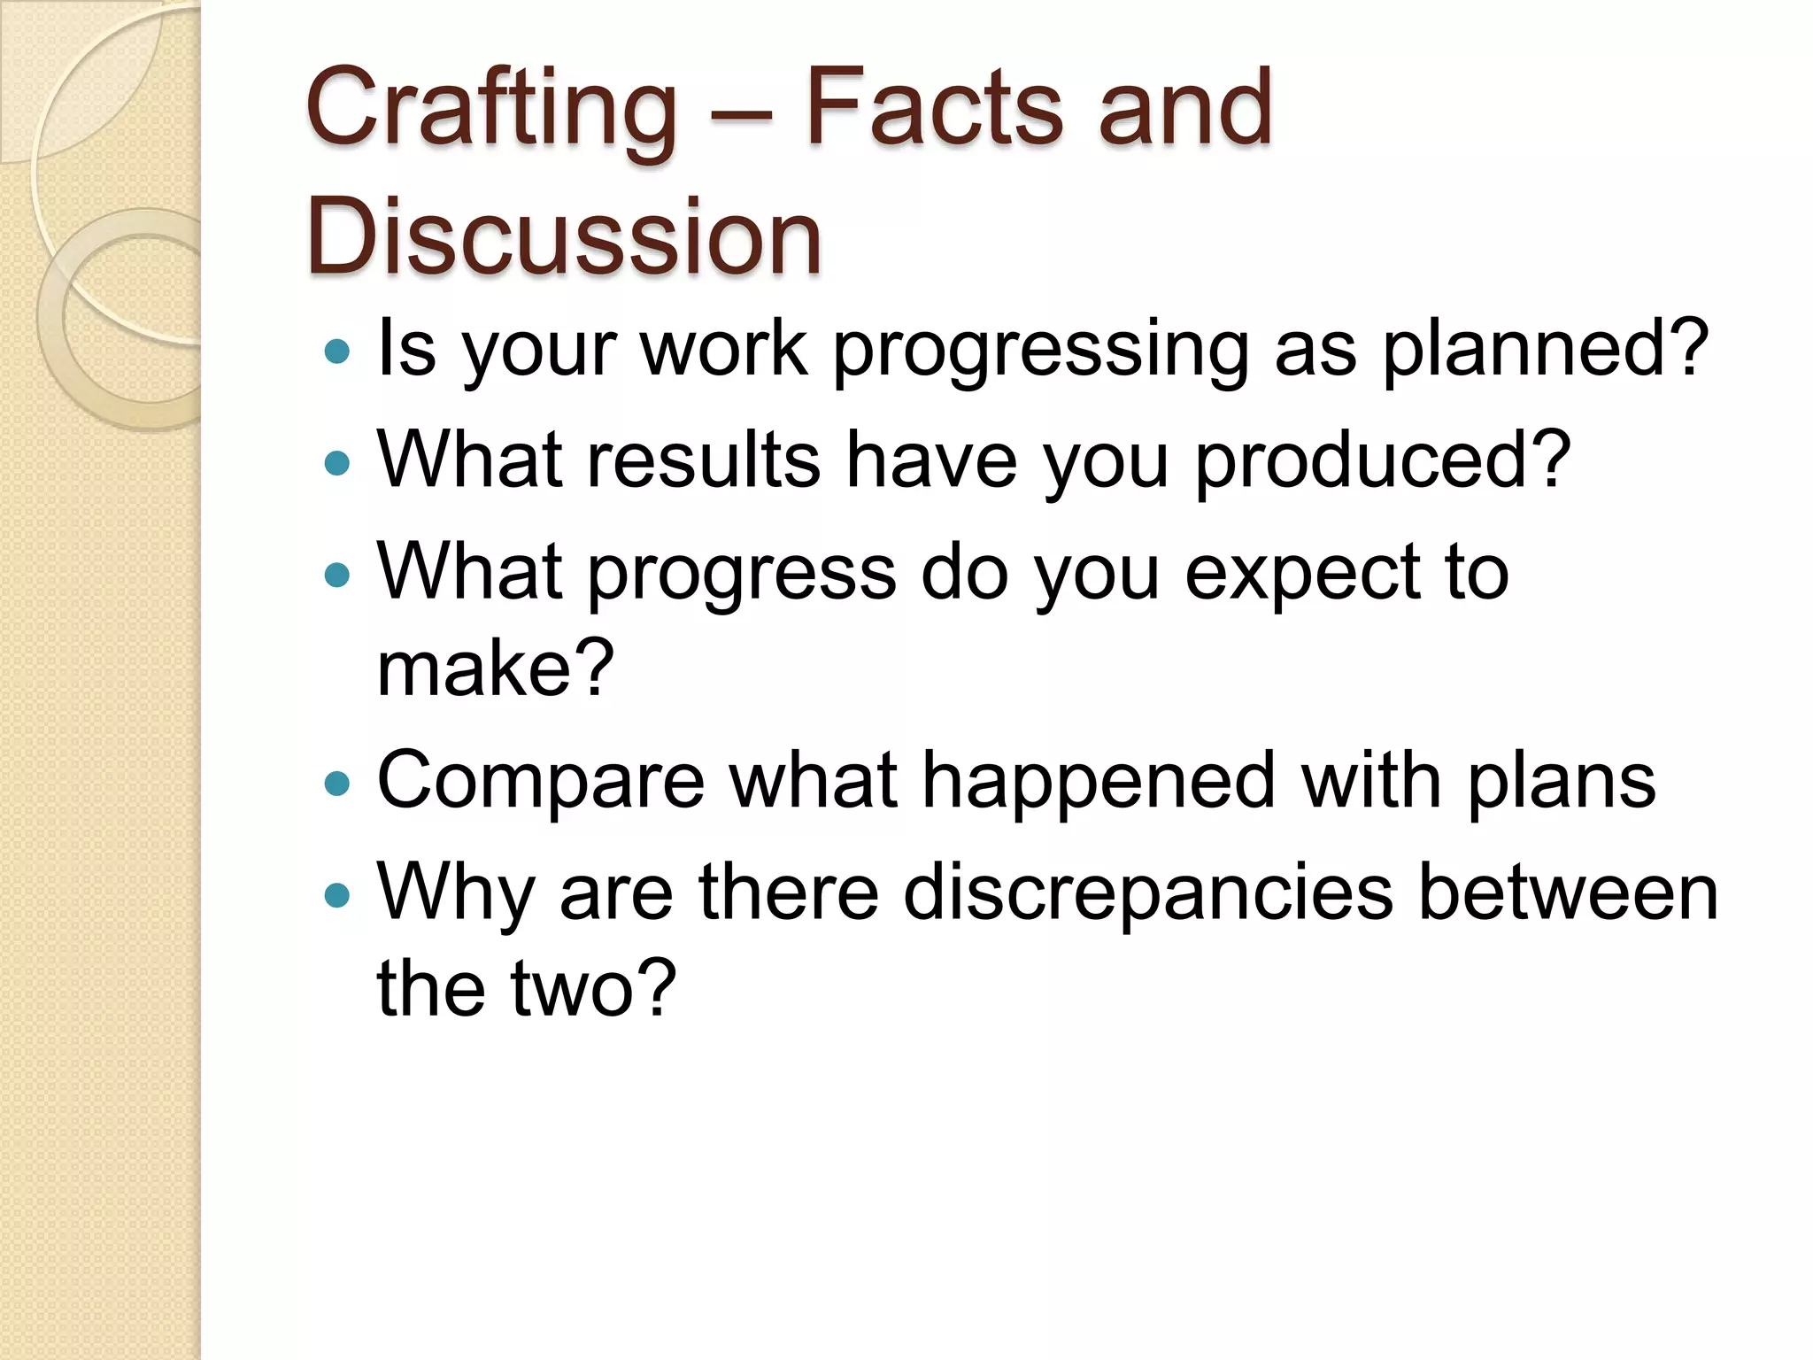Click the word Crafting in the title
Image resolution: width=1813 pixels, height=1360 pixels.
(x=490, y=111)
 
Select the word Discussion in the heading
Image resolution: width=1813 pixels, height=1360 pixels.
(x=564, y=237)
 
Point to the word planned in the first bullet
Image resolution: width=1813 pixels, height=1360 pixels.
(x=1545, y=349)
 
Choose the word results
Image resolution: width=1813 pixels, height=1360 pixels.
(x=704, y=460)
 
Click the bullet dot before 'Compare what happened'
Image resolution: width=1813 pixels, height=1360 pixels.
(x=337, y=784)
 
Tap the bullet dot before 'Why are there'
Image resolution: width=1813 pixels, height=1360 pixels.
(x=337, y=895)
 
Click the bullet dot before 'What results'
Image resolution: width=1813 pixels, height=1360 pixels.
(x=337, y=463)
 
